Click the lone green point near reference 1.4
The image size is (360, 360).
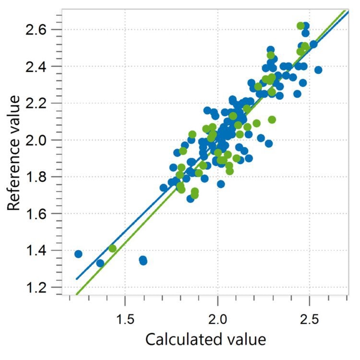click(x=112, y=248)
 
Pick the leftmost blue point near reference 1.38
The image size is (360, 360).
click(x=78, y=254)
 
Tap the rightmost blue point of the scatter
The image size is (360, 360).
click(x=318, y=70)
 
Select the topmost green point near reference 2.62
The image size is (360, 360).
click(x=301, y=26)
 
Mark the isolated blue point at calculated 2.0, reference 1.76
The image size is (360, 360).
click(x=221, y=184)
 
